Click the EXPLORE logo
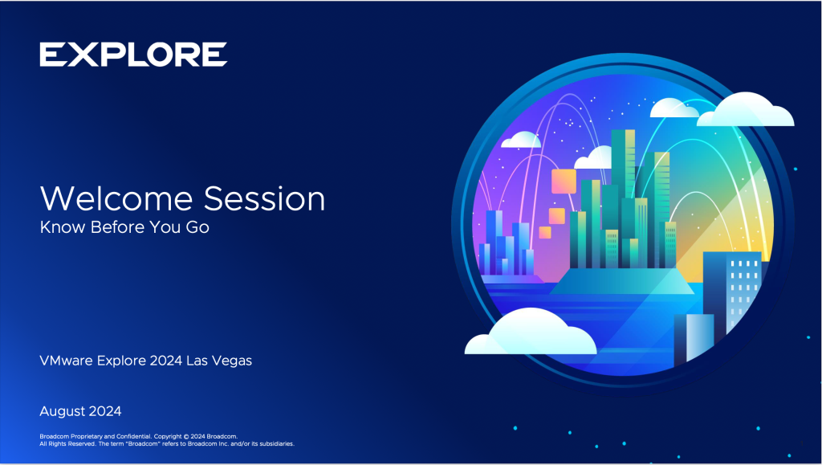[x=133, y=55]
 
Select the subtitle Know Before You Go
[x=124, y=227]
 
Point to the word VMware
[x=66, y=361]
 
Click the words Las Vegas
[x=219, y=361]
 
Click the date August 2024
[x=80, y=411]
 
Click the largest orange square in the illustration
[x=565, y=182]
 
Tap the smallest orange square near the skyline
[x=545, y=233]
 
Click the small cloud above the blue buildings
[x=520, y=140]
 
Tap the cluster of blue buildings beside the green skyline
[x=507, y=245]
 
